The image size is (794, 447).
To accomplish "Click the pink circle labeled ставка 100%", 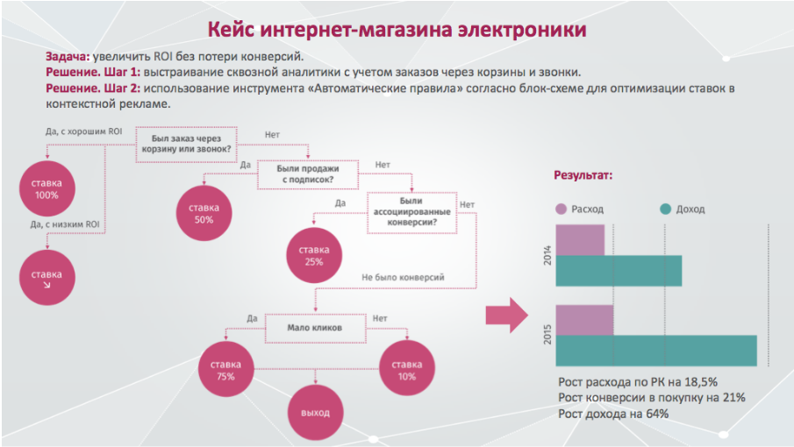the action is [x=47, y=188].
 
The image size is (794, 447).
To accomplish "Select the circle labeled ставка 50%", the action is [x=204, y=213].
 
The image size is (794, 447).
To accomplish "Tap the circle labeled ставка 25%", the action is [x=314, y=255].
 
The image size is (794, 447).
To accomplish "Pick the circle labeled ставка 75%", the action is [x=225, y=370].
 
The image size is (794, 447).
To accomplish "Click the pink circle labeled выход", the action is [x=316, y=413].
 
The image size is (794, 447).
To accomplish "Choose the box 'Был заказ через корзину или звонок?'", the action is [x=186, y=144].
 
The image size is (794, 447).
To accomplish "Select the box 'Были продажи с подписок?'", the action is [x=308, y=174].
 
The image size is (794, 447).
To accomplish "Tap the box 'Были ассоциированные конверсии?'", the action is [x=411, y=212].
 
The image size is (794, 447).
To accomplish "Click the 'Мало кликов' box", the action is [x=315, y=328].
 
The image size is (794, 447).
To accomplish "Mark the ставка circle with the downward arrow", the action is [x=47, y=278].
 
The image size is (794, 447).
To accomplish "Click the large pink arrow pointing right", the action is [x=507, y=315].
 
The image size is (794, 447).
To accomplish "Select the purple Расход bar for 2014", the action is [x=580, y=240].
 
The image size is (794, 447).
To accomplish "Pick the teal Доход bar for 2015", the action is [x=656, y=351].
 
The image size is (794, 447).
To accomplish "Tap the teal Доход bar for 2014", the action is [x=619, y=271].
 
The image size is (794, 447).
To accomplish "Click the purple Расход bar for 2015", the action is [x=585, y=320].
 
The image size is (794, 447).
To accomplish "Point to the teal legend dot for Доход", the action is [x=665, y=209].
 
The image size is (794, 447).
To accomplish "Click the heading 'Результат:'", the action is [x=583, y=175].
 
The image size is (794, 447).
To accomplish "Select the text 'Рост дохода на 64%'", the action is [x=613, y=414].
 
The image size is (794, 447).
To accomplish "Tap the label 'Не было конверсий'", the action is [x=403, y=277].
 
